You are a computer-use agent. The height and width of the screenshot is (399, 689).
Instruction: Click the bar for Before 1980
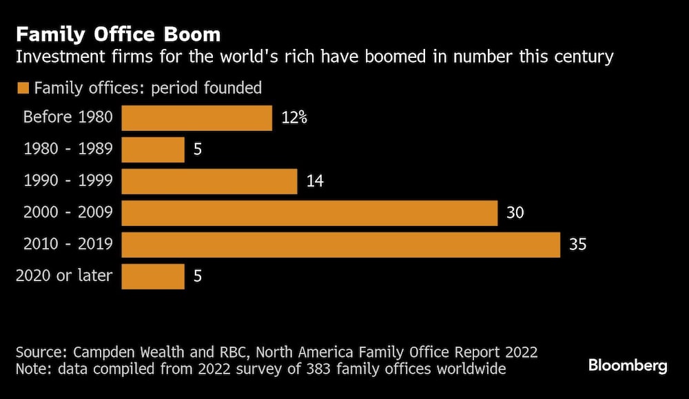(x=197, y=118)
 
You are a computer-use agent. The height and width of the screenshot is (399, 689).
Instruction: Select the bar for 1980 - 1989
(x=153, y=150)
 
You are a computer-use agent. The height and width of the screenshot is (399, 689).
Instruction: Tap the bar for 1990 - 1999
(x=209, y=181)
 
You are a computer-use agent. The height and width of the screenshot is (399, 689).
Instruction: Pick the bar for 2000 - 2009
(x=309, y=213)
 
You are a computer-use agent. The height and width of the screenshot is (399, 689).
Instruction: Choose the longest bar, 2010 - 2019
(x=341, y=245)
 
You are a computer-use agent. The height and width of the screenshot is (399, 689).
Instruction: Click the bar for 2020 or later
(x=153, y=276)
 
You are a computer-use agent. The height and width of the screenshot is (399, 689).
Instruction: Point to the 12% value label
(x=294, y=118)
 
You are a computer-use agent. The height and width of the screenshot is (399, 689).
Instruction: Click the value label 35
(x=577, y=245)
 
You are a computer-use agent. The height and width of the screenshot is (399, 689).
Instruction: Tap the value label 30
(x=515, y=213)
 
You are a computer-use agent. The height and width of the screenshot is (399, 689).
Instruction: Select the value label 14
(x=314, y=181)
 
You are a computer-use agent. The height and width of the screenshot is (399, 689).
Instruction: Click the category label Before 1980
(x=67, y=117)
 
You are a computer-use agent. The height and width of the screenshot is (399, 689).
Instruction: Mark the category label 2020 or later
(x=64, y=276)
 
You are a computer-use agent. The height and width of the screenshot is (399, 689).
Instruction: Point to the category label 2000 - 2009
(x=68, y=213)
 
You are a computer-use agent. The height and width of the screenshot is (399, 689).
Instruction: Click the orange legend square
(x=23, y=88)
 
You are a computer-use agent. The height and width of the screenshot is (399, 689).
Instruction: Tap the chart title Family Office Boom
(x=119, y=34)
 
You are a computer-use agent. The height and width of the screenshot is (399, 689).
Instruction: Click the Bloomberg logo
(x=628, y=366)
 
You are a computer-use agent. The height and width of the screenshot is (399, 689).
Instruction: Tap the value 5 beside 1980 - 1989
(x=197, y=150)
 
